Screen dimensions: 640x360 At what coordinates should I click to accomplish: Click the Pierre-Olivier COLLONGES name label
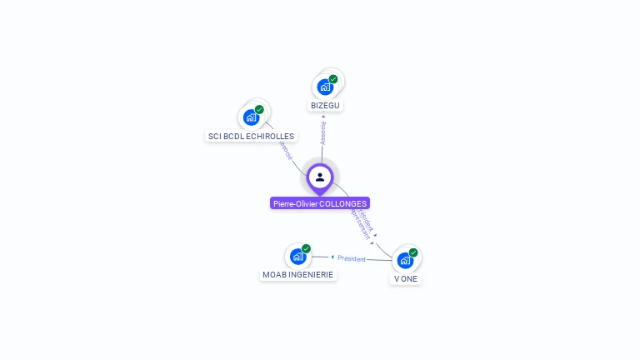pyautogui.click(x=320, y=203)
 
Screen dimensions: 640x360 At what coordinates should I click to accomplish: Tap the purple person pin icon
pyautogui.click(x=320, y=177)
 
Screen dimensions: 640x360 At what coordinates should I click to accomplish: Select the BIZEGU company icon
pyautogui.click(x=324, y=87)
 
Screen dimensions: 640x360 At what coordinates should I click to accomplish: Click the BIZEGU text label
pyautogui.click(x=326, y=106)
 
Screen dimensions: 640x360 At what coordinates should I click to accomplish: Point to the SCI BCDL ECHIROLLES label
pyautogui.click(x=251, y=136)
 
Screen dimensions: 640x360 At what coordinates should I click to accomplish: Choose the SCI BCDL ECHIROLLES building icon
pyautogui.click(x=251, y=117)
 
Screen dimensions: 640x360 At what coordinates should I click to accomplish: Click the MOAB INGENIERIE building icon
pyautogui.click(x=297, y=256)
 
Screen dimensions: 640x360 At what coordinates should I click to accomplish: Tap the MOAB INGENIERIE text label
pyautogui.click(x=297, y=274)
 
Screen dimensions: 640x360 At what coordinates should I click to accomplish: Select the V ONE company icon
pyautogui.click(x=405, y=260)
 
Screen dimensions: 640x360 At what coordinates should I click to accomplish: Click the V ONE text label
pyautogui.click(x=406, y=278)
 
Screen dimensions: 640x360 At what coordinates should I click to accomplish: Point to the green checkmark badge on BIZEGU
pyautogui.click(x=333, y=79)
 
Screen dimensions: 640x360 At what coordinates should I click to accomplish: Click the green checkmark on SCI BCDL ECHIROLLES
pyautogui.click(x=259, y=109)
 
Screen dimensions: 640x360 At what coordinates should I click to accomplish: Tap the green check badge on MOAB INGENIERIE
pyautogui.click(x=306, y=248)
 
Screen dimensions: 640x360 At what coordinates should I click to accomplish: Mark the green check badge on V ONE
pyautogui.click(x=413, y=252)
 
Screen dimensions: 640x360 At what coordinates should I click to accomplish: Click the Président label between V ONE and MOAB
pyautogui.click(x=351, y=258)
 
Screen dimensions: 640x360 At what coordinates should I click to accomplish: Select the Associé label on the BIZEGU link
pyautogui.click(x=323, y=132)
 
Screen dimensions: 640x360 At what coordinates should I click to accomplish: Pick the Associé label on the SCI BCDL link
pyautogui.click(x=286, y=152)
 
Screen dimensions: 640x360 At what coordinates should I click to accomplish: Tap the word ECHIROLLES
pyautogui.click(x=271, y=136)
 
